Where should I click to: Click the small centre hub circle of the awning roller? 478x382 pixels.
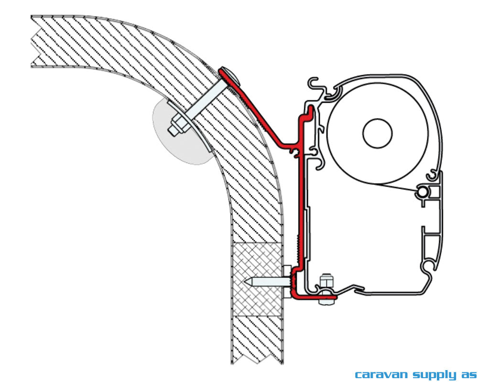click(378, 133)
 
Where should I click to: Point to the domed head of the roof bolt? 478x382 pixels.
click(231, 77)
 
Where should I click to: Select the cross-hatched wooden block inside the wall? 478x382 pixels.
click(258, 279)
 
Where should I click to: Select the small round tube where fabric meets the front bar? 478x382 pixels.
click(422, 192)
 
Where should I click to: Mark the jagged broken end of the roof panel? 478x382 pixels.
click(34, 41)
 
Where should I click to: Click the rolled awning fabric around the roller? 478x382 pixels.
click(378, 133)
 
